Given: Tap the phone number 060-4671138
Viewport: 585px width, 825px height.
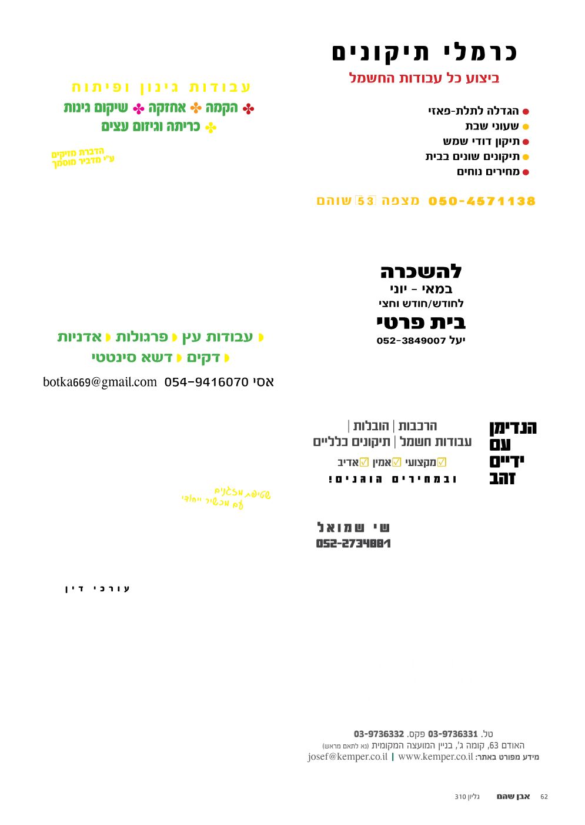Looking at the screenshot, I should tap(482, 201).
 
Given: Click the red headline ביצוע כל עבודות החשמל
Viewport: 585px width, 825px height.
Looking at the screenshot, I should tap(424, 78).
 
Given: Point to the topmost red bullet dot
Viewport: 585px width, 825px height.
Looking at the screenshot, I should tap(526, 111).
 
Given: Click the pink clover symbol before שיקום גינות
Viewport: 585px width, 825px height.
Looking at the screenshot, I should tap(139, 109).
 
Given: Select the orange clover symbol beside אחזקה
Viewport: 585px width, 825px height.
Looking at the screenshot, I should tap(196, 108).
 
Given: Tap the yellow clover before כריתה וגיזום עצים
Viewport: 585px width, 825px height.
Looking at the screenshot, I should tap(210, 127).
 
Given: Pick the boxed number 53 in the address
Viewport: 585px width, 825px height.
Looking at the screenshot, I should tap(366, 201).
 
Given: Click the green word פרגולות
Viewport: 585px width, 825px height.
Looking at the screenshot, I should tap(142, 337).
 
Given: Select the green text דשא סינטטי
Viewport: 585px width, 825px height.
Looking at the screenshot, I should tap(132, 358).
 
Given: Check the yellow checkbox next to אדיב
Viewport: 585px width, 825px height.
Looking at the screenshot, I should tap(364, 463).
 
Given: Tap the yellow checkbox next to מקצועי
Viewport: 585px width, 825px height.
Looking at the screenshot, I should tap(442, 463).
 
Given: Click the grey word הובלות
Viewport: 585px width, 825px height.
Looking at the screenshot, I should tap(371, 426).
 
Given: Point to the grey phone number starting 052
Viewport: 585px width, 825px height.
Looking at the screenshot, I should tap(353, 544).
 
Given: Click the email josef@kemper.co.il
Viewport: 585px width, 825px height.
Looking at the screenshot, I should tap(347, 757).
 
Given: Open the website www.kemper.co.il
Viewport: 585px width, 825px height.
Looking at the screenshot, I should tap(436, 757).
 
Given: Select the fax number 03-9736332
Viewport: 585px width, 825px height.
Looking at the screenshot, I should tap(379, 734).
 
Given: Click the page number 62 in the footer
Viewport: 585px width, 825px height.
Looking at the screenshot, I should tap(544, 797).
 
